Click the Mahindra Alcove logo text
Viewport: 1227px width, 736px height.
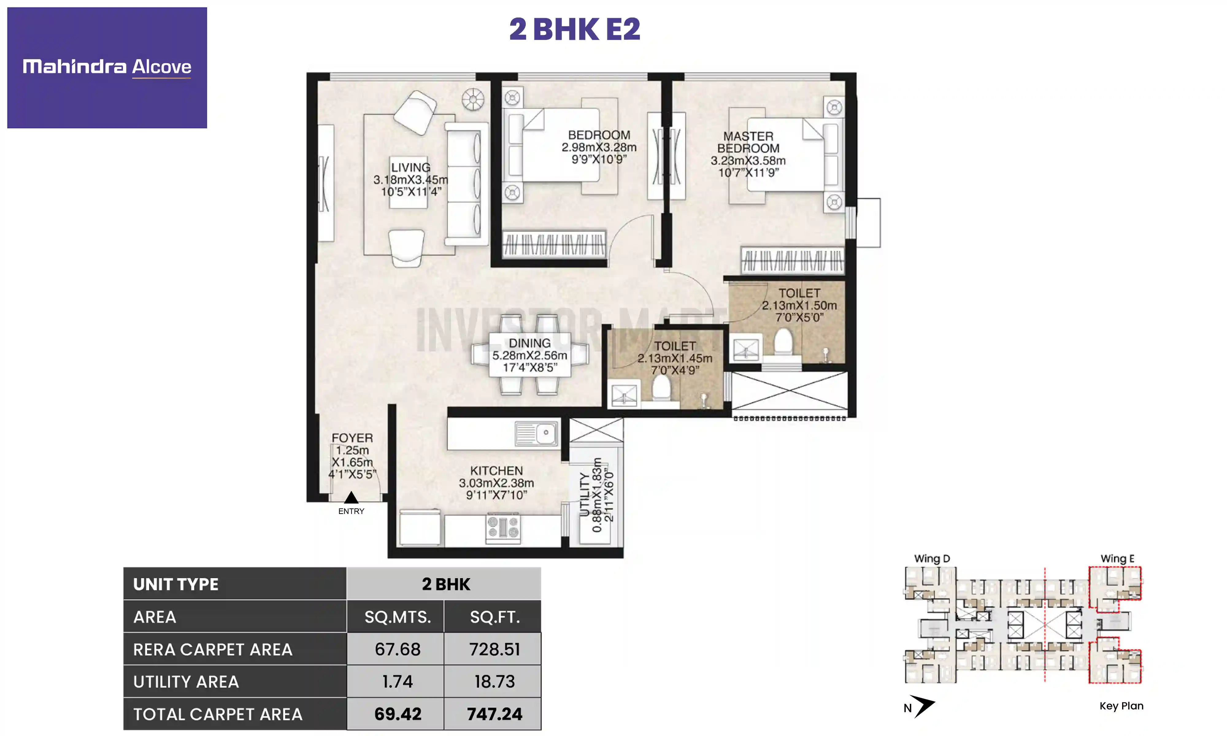click(x=107, y=67)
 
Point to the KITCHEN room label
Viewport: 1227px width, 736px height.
click(x=496, y=471)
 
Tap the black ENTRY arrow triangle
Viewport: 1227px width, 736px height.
click(x=351, y=497)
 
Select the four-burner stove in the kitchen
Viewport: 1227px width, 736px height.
click(x=502, y=528)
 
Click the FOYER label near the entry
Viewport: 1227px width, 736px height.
click(x=352, y=438)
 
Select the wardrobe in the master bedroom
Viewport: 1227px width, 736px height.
click(x=792, y=260)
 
